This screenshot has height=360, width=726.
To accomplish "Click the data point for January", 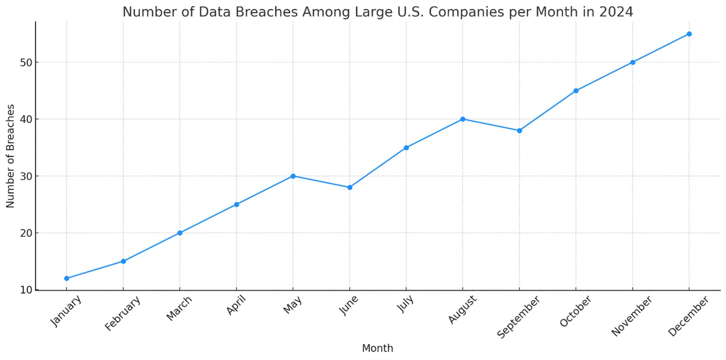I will click(x=67, y=278).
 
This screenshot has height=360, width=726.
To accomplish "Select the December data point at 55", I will click(x=689, y=34).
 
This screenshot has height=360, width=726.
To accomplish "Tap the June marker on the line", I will click(x=349, y=187).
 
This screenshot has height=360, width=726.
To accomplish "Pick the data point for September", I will click(x=519, y=131).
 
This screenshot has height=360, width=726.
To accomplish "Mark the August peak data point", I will click(x=463, y=119).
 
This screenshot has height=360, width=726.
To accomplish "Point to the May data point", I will click(x=293, y=176).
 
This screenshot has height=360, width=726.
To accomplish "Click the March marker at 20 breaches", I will click(x=179, y=233).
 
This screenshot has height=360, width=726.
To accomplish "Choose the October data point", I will click(x=576, y=91).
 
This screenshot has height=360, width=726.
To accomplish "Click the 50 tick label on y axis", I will click(x=26, y=63).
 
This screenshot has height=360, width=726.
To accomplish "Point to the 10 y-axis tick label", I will click(x=26, y=290).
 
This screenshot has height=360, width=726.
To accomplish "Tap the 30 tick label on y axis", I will click(x=26, y=176).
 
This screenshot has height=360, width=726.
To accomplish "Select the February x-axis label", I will click(x=123, y=313).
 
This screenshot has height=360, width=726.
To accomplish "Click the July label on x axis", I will click(x=405, y=304).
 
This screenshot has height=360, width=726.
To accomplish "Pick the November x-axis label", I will click(x=632, y=316).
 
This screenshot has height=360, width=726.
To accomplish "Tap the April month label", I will click(x=236, y=306).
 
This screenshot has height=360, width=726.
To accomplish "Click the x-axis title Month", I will click(x=378, y=348).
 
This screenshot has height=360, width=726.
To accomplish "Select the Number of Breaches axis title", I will click(x=11, y=156).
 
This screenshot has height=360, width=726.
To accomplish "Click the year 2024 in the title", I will click(x=616, y=12).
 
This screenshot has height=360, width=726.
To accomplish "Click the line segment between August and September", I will click(x=491, y=125).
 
